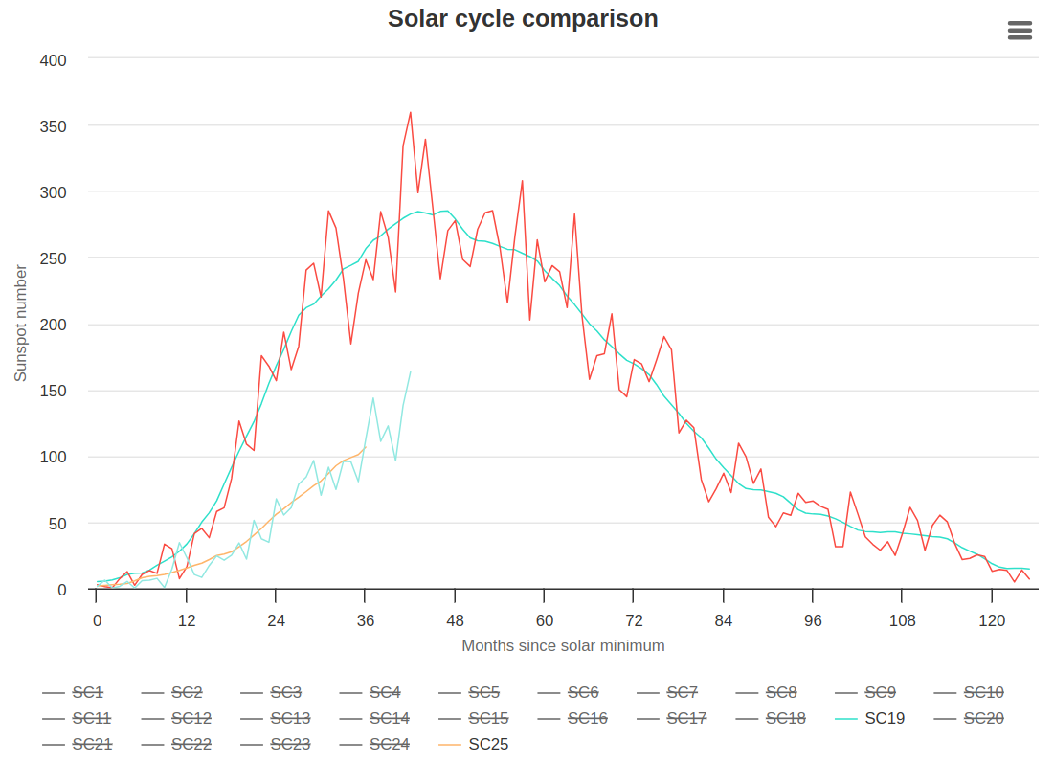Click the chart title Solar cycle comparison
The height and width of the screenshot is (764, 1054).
pyautogui.click(x=523, y=18)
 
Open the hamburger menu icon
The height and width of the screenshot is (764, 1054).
pyautogui.click(x=1020, y=31)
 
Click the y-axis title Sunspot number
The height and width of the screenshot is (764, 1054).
pyautogui.click(x=20, y=324)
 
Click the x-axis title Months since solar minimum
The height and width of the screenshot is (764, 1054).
pyautogui.click(x=563, y=645)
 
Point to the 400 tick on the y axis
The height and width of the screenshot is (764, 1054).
pyautogui.click(x=54, y=60)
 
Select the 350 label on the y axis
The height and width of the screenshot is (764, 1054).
pyautogui.click(x=54, y=126)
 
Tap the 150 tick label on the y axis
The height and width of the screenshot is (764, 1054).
pyautogui.click(x=54, y=391)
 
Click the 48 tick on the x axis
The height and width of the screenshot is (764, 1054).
pyautogui.click(x=455, y=620)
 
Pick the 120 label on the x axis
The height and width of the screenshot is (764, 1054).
pyautogui.click(x=992, y=620)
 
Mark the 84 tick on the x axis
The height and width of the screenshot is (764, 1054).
pyautogui.click(x=724, y=620)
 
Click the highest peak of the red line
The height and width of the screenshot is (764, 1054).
pyautogui.click(x=411, y=112)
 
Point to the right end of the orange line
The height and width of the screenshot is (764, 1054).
pyautogui.click(x=365, y=447)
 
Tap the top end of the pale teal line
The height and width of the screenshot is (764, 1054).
pyautogui.click(x=410, y=371)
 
